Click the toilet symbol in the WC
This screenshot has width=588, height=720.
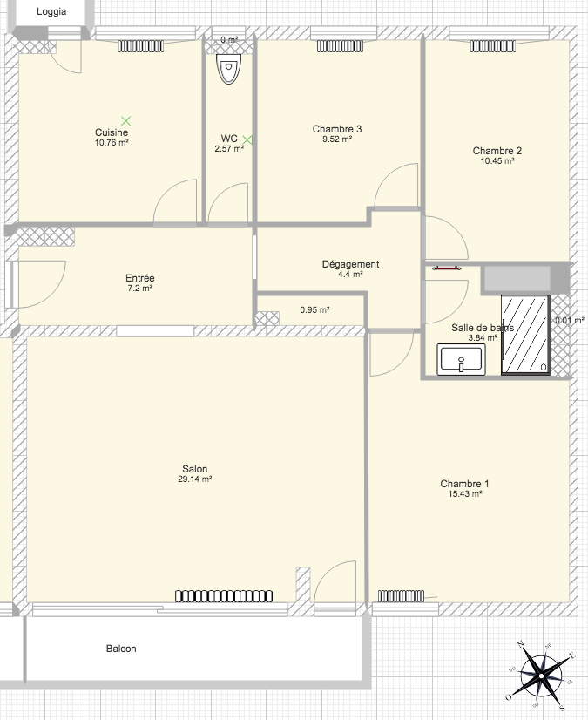tap(228, 69)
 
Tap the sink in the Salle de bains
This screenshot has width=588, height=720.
tap(461, 359)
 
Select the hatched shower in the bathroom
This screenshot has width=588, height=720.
tap(525, 335)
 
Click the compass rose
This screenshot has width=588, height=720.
tap(541, 676)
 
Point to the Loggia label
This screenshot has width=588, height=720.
tap(51, 11)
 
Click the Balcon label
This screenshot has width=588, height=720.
tap(121, 649)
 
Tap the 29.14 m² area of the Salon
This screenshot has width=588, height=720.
tap(194, 479)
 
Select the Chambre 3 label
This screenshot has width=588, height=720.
tap(337, 129)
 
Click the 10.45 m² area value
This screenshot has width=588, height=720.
tap(497, 161)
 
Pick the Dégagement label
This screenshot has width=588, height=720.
tap(351, 264)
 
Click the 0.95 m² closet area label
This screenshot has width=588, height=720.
tap(314, 310)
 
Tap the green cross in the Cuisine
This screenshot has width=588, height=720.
tap(126, 121)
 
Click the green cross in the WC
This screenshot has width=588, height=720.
tap(247, 140)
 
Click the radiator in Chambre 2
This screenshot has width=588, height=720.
tap(493, 46)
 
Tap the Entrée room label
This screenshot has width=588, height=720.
tap(140, 278)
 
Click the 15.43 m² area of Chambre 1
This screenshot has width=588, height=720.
tap(465, 494)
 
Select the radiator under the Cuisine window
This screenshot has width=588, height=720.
tap(141, 46)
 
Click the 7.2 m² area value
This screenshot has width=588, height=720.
tap(140, 289)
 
